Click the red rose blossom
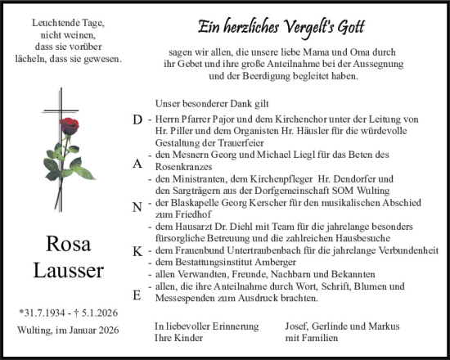point(71,124)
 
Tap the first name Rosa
point(69,244)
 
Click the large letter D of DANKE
point(137,119)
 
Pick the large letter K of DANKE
point(137,252)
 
